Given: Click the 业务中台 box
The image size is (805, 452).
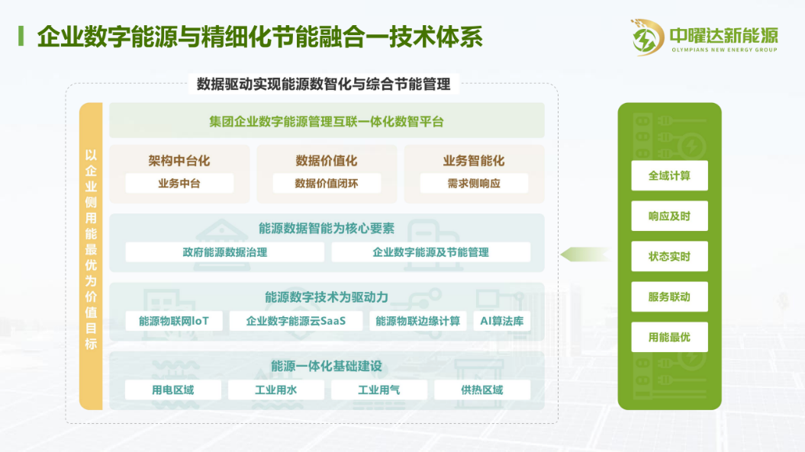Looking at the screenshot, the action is coord(179,183).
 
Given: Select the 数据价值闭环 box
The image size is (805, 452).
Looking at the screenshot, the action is coord(327,183).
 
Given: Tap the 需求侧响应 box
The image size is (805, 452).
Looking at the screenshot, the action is coord(474,183).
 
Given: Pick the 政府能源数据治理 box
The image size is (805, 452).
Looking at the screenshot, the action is coord(225,252).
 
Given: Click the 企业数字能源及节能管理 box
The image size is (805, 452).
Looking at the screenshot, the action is coord(431,252).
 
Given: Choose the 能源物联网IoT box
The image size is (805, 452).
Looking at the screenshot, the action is coord(174,321).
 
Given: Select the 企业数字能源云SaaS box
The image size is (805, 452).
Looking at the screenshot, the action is coord(296,321).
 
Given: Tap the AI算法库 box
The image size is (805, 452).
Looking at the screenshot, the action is coord(501,321).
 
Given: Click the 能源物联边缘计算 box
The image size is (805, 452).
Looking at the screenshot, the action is coord(418,321).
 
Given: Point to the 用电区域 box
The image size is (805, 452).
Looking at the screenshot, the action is coord(173,390).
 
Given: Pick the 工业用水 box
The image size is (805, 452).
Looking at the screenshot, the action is coord(276,390).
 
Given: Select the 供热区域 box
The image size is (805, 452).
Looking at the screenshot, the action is coord(482,390).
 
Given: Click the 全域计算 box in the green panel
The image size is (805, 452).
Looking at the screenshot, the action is coord(669,175).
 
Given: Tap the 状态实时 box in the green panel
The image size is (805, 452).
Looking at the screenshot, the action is coord(669,257).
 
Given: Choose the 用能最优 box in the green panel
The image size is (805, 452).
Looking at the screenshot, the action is coord(669,337).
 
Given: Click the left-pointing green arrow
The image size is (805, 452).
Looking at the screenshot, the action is coord(585,254).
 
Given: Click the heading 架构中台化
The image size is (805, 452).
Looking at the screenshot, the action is coord(179,161).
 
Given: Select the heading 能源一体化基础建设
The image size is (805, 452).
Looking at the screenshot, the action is coord(327,366).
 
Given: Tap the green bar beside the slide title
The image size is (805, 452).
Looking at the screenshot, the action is coord(21,37).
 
